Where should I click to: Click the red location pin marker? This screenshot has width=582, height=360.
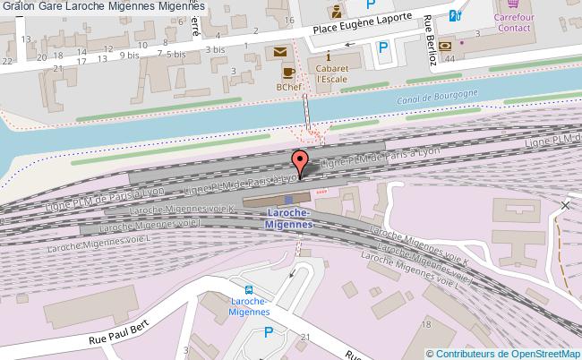click(300, 161)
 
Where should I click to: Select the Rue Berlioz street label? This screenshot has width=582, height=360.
click(435, 40)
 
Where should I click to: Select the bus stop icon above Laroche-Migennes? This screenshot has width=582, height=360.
click(250, 288)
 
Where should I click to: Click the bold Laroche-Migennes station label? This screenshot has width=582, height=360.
click(288, 218)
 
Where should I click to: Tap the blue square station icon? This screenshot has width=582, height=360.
click(288, 199)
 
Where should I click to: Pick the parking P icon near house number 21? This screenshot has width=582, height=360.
click(269, 333)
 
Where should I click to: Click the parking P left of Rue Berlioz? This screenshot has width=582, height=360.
click(384, 47)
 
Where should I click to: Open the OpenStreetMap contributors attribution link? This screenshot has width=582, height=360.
click(508, 352)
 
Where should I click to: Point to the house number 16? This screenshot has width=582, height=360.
click(287, 20)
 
